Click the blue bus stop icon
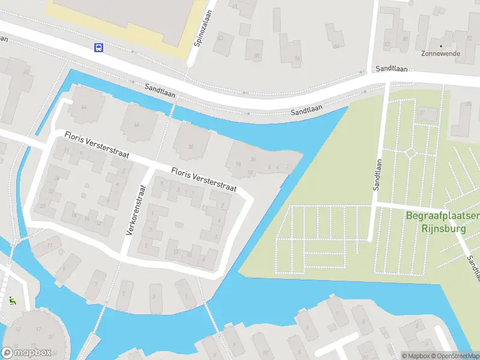[x=98, y=48]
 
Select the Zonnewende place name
[x=441, y=53]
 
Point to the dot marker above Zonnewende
[x=441, y=46]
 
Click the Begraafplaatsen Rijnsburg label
[x=443, y=223]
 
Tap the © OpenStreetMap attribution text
[x=454, y=356]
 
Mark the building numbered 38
[x=191, y=146]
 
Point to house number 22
[x=51, y=191]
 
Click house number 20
[x=43, y=206]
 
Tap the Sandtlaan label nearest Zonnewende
[x=392, y=70]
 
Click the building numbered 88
[x=256, y=56]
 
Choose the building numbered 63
[x=221, y=38]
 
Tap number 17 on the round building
[x=38, y=328]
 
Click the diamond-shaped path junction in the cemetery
[x=411, y=153]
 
